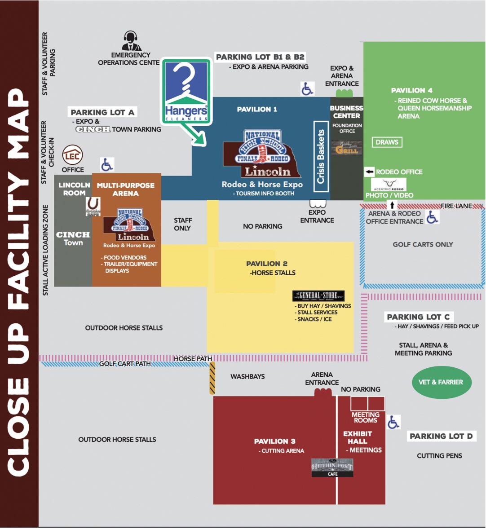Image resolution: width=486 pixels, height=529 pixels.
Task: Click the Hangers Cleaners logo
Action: (x=186, y=92)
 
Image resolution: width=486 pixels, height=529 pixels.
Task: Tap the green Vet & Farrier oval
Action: (x=441, y=382)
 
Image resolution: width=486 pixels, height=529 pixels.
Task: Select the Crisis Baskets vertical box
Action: (x=320, y=156)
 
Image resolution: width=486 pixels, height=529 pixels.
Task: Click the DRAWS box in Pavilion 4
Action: (x=387, y=142)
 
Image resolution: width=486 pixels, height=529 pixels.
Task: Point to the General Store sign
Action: (x=318, y=295)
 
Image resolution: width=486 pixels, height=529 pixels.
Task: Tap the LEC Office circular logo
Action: (x=72, y=156)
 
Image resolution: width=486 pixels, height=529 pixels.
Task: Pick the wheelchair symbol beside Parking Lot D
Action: (x=393, y=422)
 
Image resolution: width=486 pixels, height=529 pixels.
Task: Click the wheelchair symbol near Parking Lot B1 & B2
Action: (x=307, y=88)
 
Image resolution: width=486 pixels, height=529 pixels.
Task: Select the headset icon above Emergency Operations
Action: (x=131, y=41)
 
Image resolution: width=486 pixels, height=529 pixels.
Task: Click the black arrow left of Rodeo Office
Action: (x=369, y=172)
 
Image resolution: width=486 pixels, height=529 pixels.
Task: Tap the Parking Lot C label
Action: (x=418, y=317)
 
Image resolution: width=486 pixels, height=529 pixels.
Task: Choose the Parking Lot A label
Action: (x=102, y=112)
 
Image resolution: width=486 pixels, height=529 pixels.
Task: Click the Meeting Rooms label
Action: (x=366, y=417)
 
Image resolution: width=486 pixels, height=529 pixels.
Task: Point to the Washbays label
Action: (x=247, y=376)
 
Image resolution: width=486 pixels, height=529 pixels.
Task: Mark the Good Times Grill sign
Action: (x=347, y=148)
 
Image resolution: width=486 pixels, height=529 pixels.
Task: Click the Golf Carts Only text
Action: (x=423, y=244)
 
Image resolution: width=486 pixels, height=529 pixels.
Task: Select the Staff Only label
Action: (x=183, y=224)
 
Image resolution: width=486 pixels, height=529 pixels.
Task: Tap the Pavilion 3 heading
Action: (x=274, y=441)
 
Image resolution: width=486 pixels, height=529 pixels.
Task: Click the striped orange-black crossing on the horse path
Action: (x=212, y=378)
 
